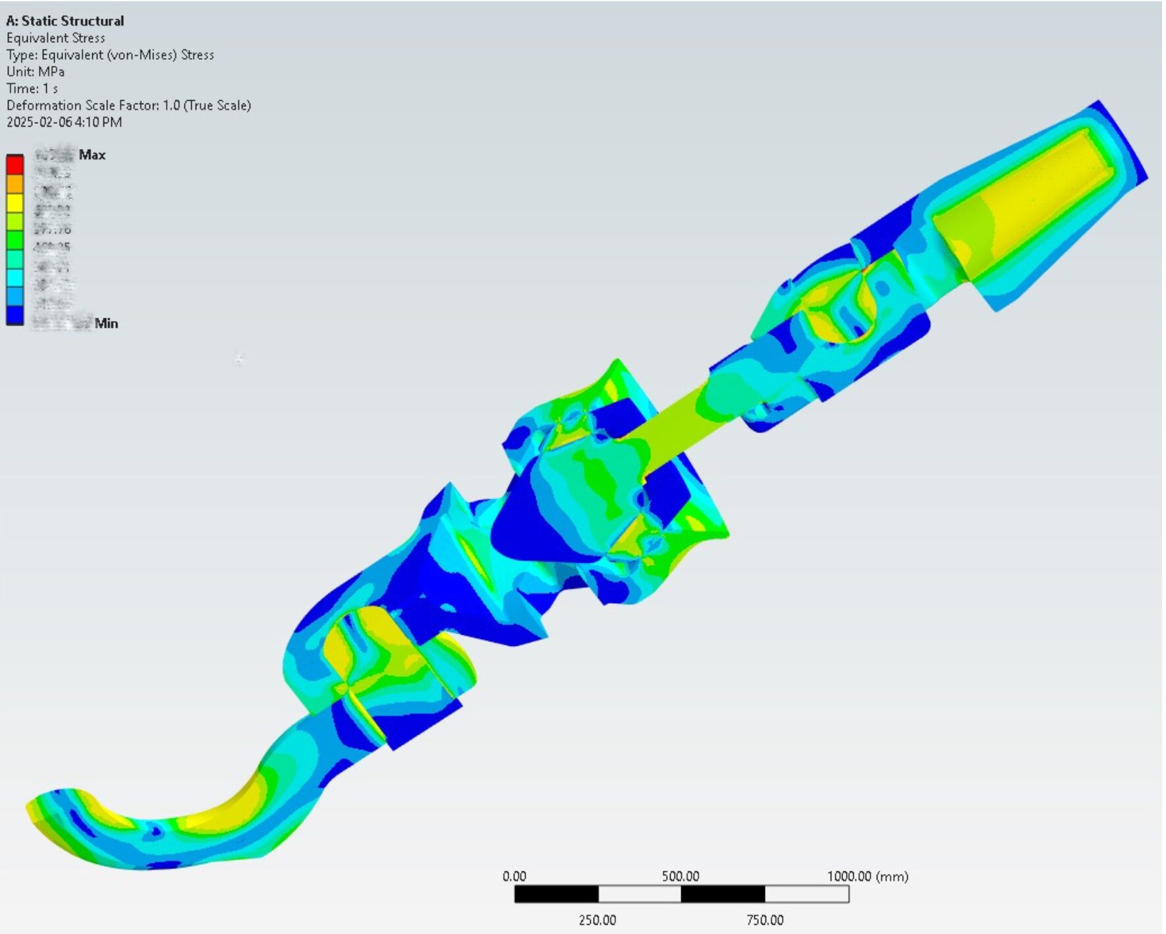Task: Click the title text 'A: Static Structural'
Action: pos(65,21)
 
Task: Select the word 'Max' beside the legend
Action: pos(92,155)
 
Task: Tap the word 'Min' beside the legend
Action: pos(106,323)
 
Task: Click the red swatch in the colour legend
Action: pos(14,164)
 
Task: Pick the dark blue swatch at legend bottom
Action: pos(14,315)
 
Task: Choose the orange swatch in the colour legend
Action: pos(14,183)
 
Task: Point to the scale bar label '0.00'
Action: pos(514,876)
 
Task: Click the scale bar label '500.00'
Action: pos(680,876)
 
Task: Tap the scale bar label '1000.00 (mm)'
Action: pos(868,876)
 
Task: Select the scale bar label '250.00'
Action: pos(597,919)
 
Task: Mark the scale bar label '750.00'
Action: pos(765,919)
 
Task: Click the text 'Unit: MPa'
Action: pos(36,71)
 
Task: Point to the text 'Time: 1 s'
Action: pos(32,88)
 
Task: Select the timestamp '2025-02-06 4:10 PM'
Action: pos(64,122)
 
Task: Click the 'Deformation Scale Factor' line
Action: pos(128,105)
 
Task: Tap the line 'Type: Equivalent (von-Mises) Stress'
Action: pos(110,55)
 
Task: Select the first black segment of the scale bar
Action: pos(556,894)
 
